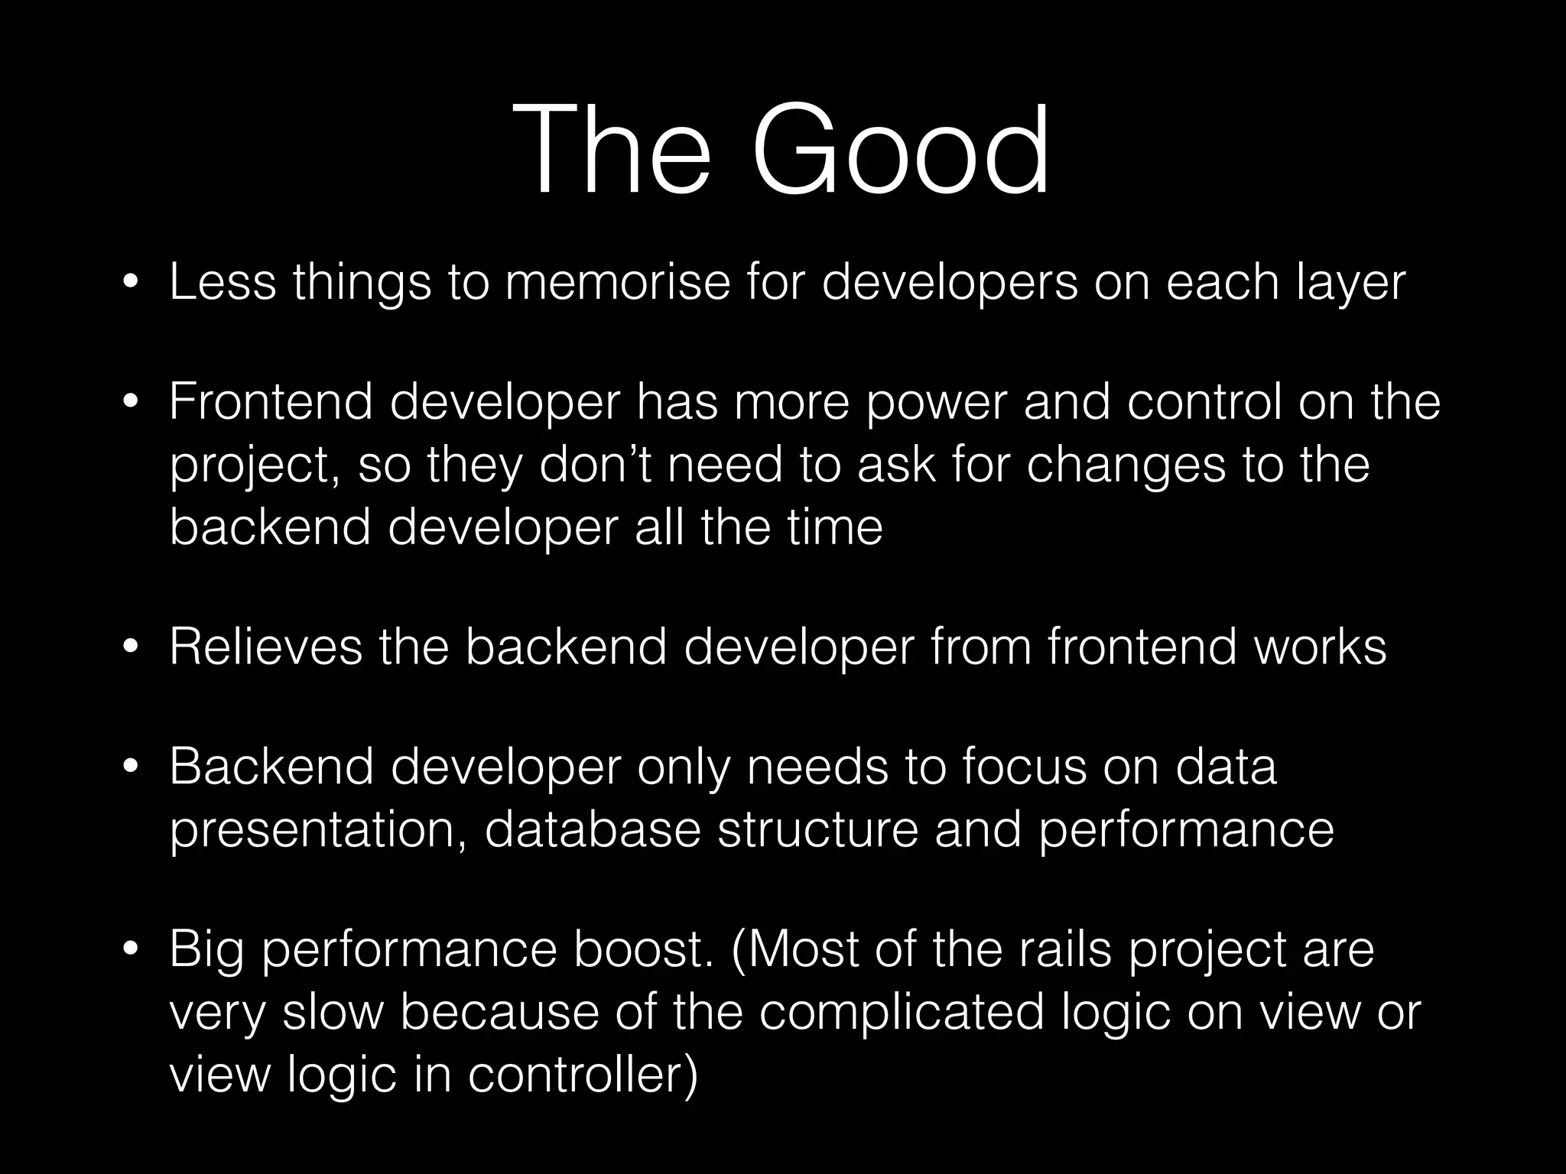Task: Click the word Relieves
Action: tap(265, 647)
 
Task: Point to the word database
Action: tap(593, 829)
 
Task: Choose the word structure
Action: tap(817, 829)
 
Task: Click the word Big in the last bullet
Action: tap(207, 950)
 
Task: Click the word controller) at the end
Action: tap(583, 1074)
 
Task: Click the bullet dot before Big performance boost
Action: tap(131, 951)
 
